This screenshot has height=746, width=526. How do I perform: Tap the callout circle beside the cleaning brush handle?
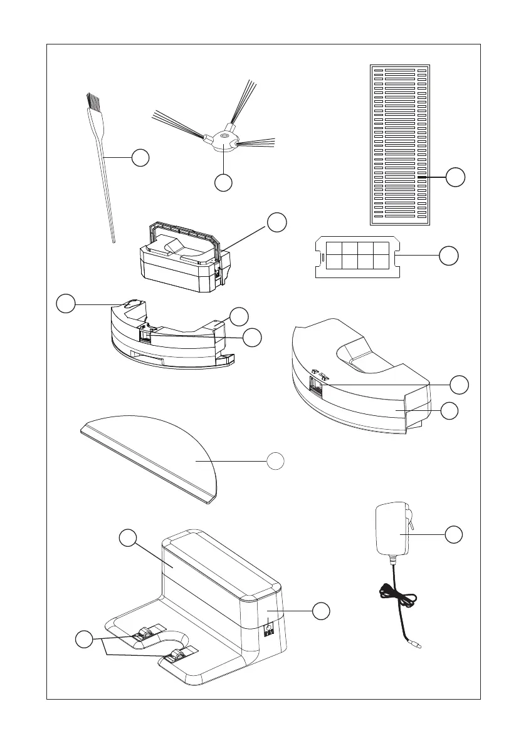(x=140, y=157)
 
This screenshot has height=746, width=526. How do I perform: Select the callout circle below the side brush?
(x=224, y=182)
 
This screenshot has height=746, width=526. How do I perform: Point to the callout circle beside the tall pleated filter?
(x=456, y=177)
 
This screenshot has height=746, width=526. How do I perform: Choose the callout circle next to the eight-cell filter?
(x=448, y=256)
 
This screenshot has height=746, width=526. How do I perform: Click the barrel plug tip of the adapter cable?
(x=416, y=645)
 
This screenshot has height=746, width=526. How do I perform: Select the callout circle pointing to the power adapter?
(x=455, y=534)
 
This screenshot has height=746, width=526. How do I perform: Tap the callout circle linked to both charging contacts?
(x=83, y=640)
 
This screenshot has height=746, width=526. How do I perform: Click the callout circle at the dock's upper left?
(x=128, y=538)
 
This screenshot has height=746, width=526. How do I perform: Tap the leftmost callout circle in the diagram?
(x=65, y=304)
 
